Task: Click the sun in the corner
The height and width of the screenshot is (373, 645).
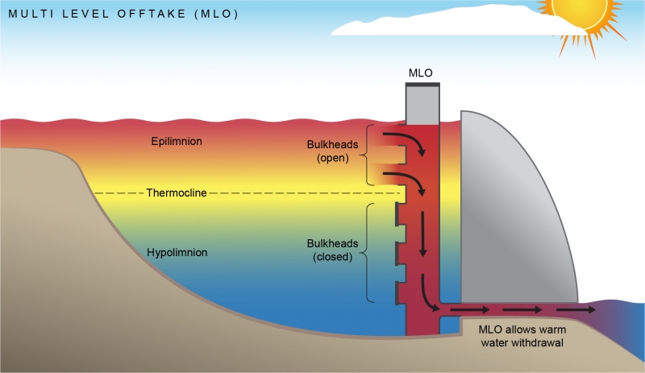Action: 579,14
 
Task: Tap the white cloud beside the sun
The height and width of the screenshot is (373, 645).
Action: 451,24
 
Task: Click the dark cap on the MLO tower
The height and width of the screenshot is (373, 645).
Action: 422,84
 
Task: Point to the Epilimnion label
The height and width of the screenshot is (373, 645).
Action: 176,142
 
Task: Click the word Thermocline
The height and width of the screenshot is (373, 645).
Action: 177,193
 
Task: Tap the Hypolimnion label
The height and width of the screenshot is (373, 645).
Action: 177,253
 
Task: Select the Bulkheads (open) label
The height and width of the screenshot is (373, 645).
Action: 327,151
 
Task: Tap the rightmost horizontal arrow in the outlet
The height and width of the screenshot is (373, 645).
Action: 570,309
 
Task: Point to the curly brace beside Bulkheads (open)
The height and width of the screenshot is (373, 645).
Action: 370,154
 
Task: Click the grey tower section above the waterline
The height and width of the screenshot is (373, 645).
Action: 422,105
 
